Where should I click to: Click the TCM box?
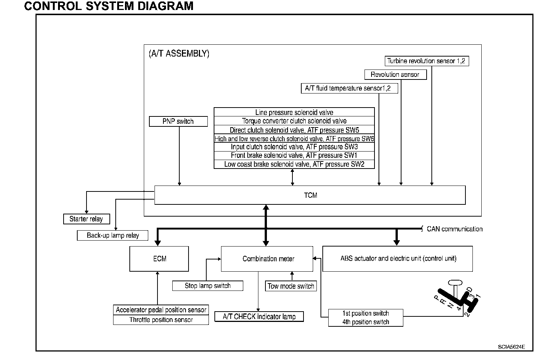pyautogui.click(x=310, y=195)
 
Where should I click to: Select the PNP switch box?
pyautogui.click(x=178, y=122)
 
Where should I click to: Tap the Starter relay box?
pyautogui.click(x=86, y=219)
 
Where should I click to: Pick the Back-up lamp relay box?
pyautogui.click(x=113, y=235)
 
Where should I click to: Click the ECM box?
pyautogui.click(x=159, y=259)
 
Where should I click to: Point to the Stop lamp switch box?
pyautogui.click(x=208, y=286)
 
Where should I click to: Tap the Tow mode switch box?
pyautogui.click(x=291, y=286)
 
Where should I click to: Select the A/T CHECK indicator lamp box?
pyautogui.click(x=259, y=317)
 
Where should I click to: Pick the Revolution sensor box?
pyautogui.click(x=395, y=75)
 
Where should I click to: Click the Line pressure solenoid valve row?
pyautogui.click(x=294, y=112)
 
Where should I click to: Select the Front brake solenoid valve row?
pyautogui.click(x=294, y=156)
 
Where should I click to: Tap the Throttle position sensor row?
pyautogui.click(x=161, y=320)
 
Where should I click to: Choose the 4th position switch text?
pyautogui.click(x=366, y=322)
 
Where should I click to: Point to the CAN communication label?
pyautogui.click(x=454, y=229)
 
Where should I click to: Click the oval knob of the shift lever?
pyautogui.click(x=455, y=283)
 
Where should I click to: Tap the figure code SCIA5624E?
pyautogui.click(x=511, y=347)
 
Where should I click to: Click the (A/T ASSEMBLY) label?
pyautogui.click(x=179, y=54)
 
